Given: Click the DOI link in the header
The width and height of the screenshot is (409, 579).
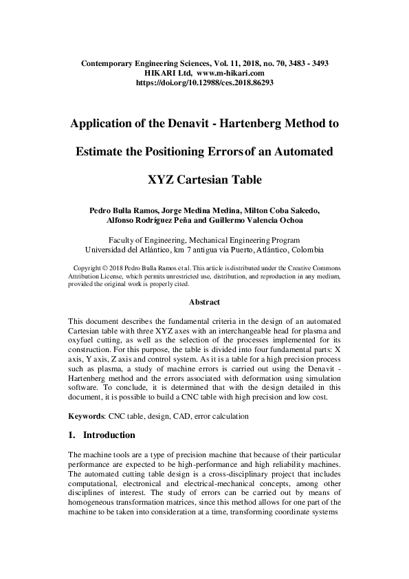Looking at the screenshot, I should point(204,80).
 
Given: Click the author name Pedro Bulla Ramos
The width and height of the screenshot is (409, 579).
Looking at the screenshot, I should point(122,210).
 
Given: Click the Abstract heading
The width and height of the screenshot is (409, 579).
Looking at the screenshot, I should point(204,301).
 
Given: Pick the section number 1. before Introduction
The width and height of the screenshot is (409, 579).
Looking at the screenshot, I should point(73,435).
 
